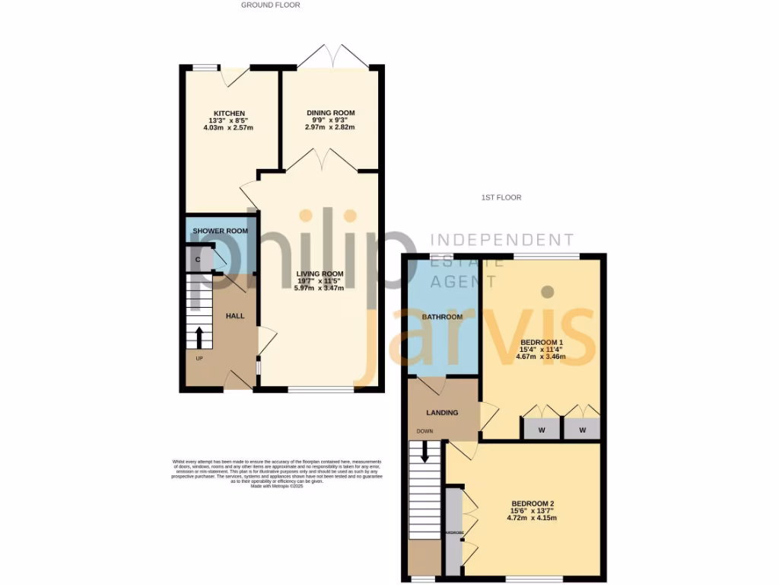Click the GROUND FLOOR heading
pyautogui.click(x=270, y=5)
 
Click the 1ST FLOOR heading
pyautogui.click(x=501, y=197)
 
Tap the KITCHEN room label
pyautogui.click(x=228, y=113)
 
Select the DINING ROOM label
pyautogui.click(x=330, y=113)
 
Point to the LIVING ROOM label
pyautogui.click(x=320, y=273)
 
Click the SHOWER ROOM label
pyautogui.click(x=220, y=231)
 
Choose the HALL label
pyautogui.click(x=234, y=315)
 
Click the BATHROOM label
pyautogui.click(x=443, y=317)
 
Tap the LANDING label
pyautogui.click(x=442, y=413)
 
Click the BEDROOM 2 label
pyautogui.click(x=532, y=503)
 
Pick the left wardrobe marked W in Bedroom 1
pyautogui.click(x=542, y=430)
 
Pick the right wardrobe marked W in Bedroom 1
pyautogui.click(x=583, y=430)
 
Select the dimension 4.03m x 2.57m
pyautogui.click(x=228, y=128)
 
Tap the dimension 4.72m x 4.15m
pyautogui.click(x=532, y=519)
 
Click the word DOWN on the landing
pyautogui.click(x=424, y=431)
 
